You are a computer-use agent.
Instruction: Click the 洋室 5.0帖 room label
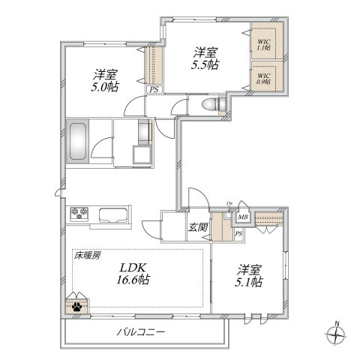(106, 81)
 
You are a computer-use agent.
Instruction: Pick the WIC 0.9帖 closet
(263, 78)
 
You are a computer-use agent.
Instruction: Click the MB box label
(243, 218)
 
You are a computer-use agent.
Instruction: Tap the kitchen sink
(114, 214)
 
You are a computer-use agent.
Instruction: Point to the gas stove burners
(79, 214)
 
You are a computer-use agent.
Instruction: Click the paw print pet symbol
(77, 306)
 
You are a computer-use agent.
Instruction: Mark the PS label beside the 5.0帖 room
(154, 89)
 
